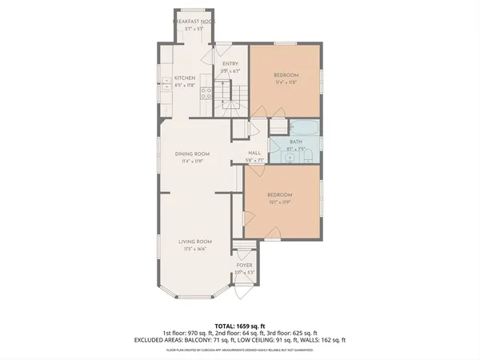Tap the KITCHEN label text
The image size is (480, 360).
[185, 78]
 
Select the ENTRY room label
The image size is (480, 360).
[230, 63]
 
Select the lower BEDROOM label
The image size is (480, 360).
[279, 195]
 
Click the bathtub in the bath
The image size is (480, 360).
[304, 126]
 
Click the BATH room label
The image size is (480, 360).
[296, 142]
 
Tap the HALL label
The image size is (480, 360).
[254, 153]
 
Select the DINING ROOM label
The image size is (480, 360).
[193, 154]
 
